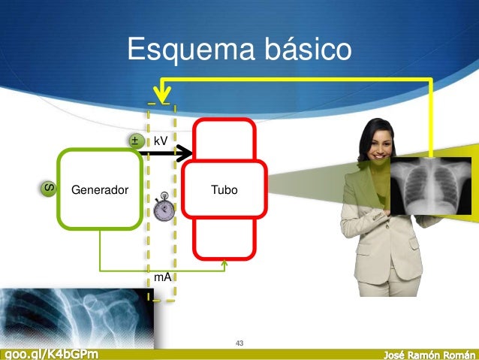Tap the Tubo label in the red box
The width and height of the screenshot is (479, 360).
click(224, 189)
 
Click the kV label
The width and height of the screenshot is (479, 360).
click(161, 141)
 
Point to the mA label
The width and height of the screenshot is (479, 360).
click(162, 277)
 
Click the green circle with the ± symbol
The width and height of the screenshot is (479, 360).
click(135, 141)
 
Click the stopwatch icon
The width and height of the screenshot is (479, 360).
click(162, 208)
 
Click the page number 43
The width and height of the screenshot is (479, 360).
click(239, 343)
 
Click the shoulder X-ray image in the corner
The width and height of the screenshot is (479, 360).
click(75, 316)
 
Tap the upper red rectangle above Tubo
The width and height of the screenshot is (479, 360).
click(224, 139)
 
